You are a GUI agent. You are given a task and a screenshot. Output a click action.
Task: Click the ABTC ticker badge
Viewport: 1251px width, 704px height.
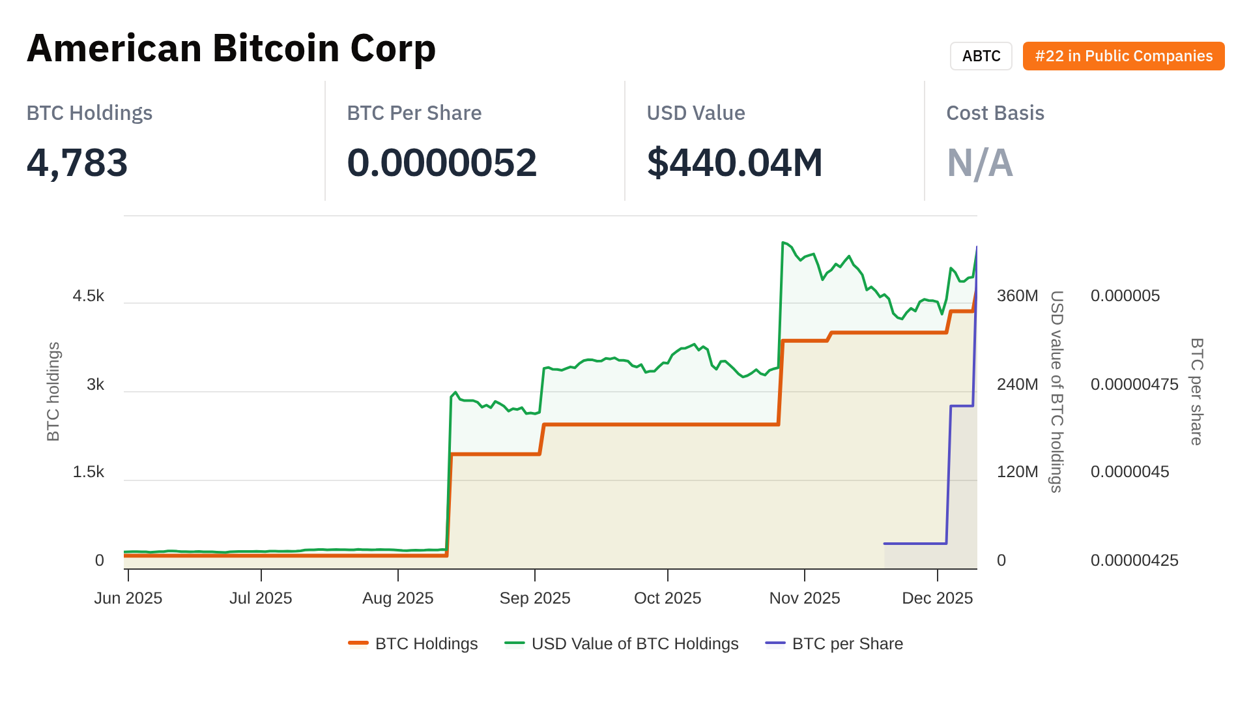(x=981, y=56)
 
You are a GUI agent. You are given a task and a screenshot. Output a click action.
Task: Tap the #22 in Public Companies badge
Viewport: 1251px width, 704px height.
(x=1123, y=56)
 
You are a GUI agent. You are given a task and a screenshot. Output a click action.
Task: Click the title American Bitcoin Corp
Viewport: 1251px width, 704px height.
(x=231, y=48)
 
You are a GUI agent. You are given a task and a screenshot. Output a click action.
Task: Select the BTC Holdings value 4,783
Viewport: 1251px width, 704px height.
(x=77, y=162)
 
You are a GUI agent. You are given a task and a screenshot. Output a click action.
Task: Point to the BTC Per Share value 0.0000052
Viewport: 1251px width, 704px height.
(x=442, y=162)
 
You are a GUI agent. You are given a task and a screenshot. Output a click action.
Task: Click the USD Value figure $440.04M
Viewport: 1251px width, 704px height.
(x=734, y=162)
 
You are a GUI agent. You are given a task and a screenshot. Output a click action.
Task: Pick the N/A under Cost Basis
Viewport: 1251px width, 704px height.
(x=979, y=162)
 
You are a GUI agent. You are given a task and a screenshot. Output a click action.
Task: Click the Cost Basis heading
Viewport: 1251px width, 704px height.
(x=995, y=113)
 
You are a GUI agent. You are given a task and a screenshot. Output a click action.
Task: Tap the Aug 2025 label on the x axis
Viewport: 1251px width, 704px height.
(x=397, y=598)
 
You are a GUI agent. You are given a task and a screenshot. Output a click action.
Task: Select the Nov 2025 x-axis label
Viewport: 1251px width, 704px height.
(x=805, y=598)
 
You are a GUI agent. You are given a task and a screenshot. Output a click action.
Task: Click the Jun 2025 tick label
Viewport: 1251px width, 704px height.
(x=128, y=598)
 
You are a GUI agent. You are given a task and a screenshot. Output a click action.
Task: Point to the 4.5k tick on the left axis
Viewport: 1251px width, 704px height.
(x=89, y=296)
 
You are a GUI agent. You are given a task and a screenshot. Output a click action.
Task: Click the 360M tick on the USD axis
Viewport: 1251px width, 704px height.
(x=1017, y=296)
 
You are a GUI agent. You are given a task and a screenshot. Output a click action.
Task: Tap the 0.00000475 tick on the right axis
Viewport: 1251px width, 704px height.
(x=1134, y=385)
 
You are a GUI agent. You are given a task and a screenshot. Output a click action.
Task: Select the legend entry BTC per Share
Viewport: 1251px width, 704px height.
(x=847, y=643)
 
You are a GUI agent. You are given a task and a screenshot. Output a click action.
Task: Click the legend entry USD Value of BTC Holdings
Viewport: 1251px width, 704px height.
(x=635, y=643)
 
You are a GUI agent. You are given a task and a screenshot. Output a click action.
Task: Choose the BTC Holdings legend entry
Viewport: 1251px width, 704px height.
(x=426, y=643)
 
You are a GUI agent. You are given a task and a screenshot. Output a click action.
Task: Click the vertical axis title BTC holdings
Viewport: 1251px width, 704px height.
(x=53, y=391)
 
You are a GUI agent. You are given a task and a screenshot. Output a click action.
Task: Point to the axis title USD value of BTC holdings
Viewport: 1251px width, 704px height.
(x=1056, y=391)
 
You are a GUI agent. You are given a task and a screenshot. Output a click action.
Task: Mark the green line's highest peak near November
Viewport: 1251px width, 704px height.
(x=783, y=242)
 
